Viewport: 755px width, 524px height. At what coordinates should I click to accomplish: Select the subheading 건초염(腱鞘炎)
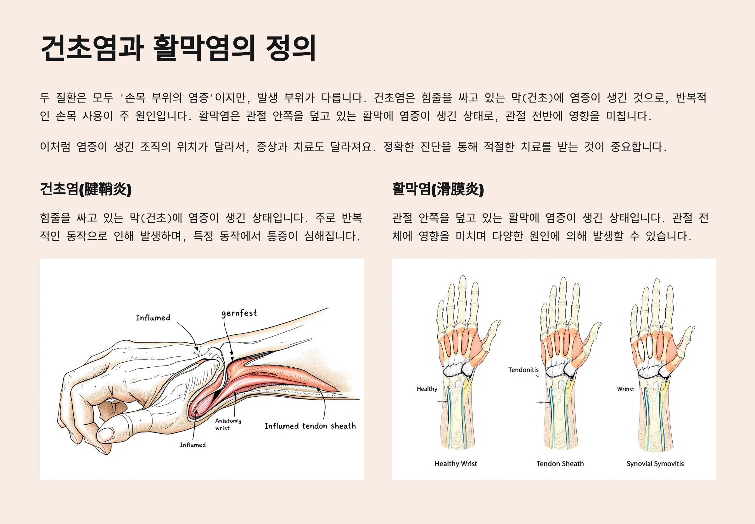85,189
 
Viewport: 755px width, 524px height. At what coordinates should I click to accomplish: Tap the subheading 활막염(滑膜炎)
438,189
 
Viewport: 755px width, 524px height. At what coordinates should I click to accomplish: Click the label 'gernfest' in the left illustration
239,313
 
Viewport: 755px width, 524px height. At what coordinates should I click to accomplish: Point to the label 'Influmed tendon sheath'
310,426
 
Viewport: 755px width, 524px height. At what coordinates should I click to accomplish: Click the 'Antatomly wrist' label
228,424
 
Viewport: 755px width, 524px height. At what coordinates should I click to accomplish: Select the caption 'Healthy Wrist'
456,464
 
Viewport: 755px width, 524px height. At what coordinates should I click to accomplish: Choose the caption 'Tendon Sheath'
560,464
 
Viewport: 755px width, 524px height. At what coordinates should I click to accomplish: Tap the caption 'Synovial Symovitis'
655,464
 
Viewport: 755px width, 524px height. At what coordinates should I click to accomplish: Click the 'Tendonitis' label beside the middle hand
523,370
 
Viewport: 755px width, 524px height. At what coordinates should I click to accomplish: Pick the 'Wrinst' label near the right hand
625,389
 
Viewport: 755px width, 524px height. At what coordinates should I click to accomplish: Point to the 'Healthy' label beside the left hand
427,389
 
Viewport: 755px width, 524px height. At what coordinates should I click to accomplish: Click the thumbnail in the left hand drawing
106,434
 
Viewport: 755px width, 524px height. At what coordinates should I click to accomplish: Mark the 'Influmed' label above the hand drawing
153,318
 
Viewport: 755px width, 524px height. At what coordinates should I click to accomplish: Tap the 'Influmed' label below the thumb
193,445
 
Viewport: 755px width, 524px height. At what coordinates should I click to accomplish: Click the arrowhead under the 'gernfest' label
232,359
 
